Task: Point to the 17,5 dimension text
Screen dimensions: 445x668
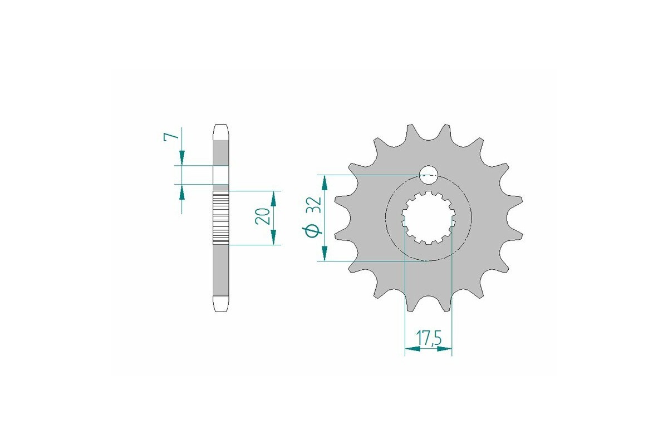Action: (428, 338)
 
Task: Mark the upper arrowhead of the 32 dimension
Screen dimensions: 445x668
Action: (323, 181)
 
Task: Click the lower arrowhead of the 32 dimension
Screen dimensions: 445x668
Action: (323, 254)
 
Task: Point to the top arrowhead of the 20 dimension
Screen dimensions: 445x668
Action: (273, 197)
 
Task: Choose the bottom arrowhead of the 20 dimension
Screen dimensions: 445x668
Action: (273, 238)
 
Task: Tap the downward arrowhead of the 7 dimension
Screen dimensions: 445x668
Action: (181, 158)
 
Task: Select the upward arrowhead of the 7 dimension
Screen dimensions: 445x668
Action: (181, 191)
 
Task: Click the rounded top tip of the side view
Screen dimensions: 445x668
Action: (221, 131)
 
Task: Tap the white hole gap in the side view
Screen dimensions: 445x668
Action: (221, 175)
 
